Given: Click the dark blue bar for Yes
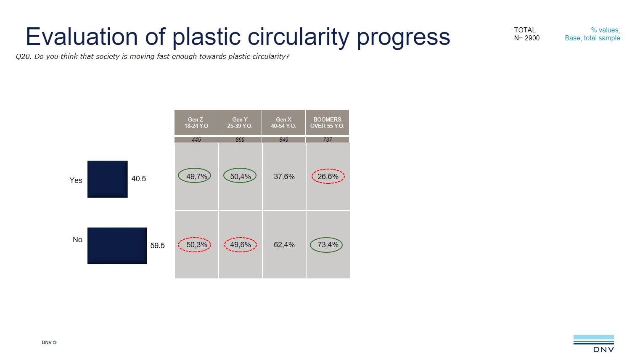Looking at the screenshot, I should point(107,179).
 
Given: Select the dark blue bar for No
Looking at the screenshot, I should point(117,246).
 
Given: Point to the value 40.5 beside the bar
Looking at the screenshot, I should point(139,179).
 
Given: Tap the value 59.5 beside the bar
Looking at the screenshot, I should point(158,246).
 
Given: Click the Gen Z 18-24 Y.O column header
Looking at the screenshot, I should point(196,122).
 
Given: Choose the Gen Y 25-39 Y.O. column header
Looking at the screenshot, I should point(240,122).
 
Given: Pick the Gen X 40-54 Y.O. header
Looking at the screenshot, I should point(283,122).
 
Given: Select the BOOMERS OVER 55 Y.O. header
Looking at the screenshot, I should point(327,122).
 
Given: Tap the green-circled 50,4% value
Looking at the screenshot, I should point(240,176).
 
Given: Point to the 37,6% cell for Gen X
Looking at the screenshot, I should point(284,177).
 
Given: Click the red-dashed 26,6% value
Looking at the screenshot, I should point(328,177).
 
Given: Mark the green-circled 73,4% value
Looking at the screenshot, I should point(327,245).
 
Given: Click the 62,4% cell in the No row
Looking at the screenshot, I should point(284,245).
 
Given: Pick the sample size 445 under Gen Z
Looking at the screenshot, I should point(196,140).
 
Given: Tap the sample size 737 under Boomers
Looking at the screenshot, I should point(327,140).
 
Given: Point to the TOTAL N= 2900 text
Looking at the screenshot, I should point(526,34).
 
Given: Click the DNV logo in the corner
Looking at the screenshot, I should point(593,343).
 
